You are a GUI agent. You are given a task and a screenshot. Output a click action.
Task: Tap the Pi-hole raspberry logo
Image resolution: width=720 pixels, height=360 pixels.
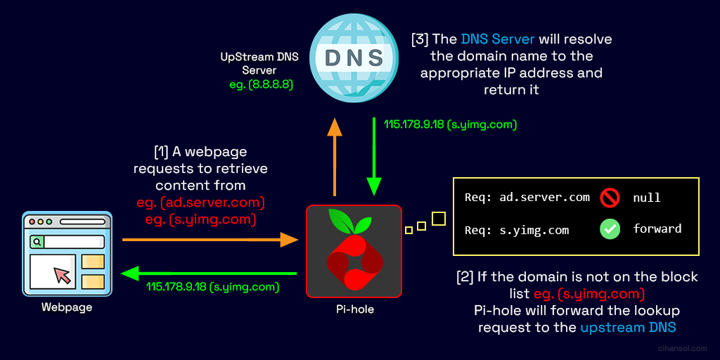point(354,251)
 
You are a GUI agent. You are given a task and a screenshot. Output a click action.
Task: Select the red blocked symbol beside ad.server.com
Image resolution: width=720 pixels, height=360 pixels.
point(610,198)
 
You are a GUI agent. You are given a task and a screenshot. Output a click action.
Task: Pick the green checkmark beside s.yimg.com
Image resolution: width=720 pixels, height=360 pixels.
point(610,229)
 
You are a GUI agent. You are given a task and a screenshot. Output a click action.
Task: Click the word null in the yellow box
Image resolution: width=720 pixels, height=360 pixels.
point(647,198)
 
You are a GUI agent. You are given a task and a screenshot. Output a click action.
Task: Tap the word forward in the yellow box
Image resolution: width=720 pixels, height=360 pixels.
point(657,229)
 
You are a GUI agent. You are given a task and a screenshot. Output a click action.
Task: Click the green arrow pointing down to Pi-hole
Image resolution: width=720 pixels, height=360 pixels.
point(374,156)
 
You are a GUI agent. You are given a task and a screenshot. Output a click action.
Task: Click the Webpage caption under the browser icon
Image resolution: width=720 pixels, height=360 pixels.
point(67,307)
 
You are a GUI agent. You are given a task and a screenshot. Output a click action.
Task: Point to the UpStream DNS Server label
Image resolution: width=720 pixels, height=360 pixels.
point(259,63)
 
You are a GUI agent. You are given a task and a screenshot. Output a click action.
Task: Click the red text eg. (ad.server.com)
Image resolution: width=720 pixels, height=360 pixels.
point(200,202)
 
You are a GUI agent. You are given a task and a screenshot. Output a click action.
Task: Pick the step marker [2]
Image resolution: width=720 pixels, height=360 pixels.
point(465,276)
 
